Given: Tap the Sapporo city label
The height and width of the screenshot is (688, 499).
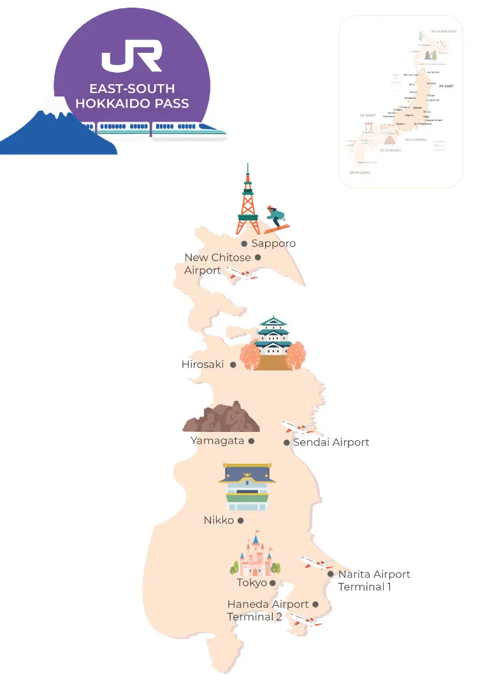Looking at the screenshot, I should click(x=273, y=243).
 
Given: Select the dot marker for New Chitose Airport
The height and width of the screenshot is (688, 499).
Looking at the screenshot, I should click(x=258, y=257).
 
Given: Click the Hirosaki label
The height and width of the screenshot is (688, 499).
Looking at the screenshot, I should click(x=203, y=365).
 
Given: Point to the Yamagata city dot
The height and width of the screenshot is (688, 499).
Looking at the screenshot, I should click(x=251, y=441).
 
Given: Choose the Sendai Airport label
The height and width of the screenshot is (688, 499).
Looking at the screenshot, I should click(x=331, y=442).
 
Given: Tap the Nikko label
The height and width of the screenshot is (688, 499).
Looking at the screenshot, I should click(x=219, y=520).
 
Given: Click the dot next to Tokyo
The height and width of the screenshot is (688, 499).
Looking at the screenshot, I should click(x=273, y=583).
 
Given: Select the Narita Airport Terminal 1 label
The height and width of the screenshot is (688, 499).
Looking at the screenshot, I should click(x=374, y=580).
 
